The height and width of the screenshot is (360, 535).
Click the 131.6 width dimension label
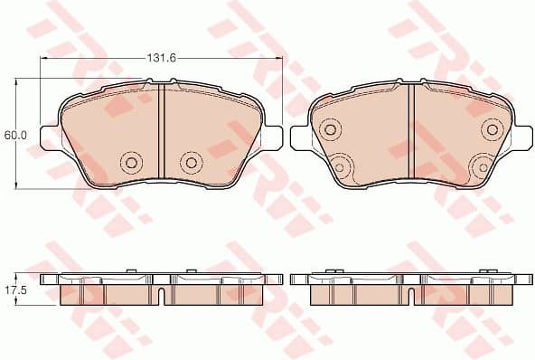pos(160,57)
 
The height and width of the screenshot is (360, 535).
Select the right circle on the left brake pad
pos(190,163)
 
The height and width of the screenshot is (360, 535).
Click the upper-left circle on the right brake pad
pos(330,131)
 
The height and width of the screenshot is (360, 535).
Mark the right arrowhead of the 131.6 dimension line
pos(279,57)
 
